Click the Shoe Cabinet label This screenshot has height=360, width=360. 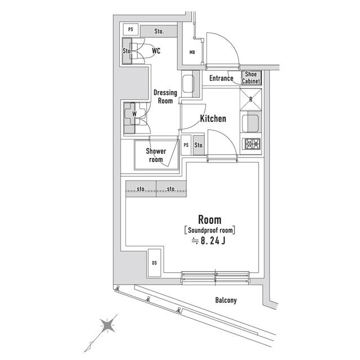click(x=251, y=78)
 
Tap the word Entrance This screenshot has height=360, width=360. click(x=221, y=78)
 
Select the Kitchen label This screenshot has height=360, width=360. click(x=213, y=119)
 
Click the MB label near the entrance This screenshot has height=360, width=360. click(x=192, y=53)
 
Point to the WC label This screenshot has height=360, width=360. click(x=156, y=51)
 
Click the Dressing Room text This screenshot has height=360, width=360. click(x=165, y=97)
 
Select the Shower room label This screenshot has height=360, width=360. click(x=156, y=155)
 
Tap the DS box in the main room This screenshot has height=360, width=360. click(x=154, y=263)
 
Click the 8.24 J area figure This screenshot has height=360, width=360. click(x=209, y=242)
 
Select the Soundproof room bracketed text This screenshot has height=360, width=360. click(x=209, y=230)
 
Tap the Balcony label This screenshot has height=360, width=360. click(x=226, y=300)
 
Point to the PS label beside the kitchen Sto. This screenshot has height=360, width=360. click(x=186, y=145)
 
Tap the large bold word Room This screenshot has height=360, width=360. click(x=209, y=219)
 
